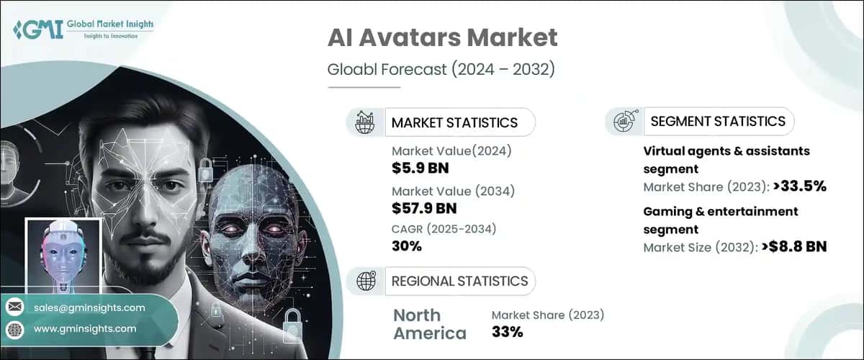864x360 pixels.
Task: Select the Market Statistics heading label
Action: [454, 122]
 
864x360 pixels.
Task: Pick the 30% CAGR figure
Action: [407, 247]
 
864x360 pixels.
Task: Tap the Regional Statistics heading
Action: [459, 281]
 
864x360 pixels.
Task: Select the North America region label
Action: [429, 324]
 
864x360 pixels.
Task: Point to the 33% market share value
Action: [507, 332]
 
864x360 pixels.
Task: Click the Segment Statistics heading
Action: [717, 121]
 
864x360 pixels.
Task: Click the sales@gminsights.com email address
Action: [89, 307]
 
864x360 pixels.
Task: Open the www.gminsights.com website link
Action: [85, 328]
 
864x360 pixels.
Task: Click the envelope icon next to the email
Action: [14, 307]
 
